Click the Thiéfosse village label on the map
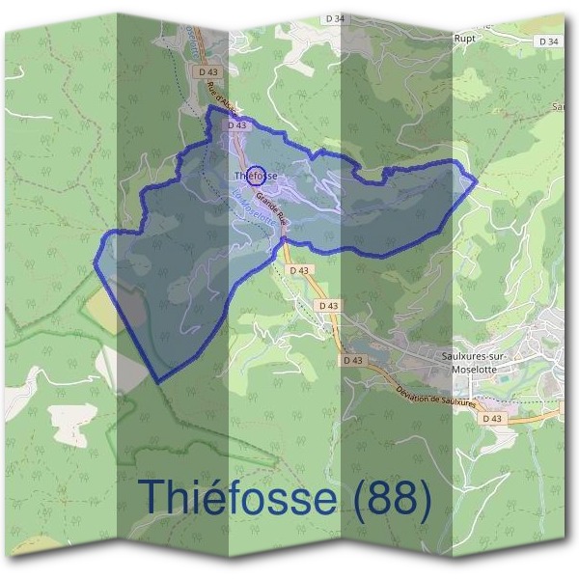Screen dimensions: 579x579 (257, 176)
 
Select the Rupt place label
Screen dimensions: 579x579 (466, 40)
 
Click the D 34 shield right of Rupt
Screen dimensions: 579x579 (547, 41)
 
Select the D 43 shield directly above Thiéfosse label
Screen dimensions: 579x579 (237, 125)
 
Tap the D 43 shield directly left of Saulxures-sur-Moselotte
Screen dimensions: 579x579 (355, 359)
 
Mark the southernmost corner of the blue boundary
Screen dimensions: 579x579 (156, 382)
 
